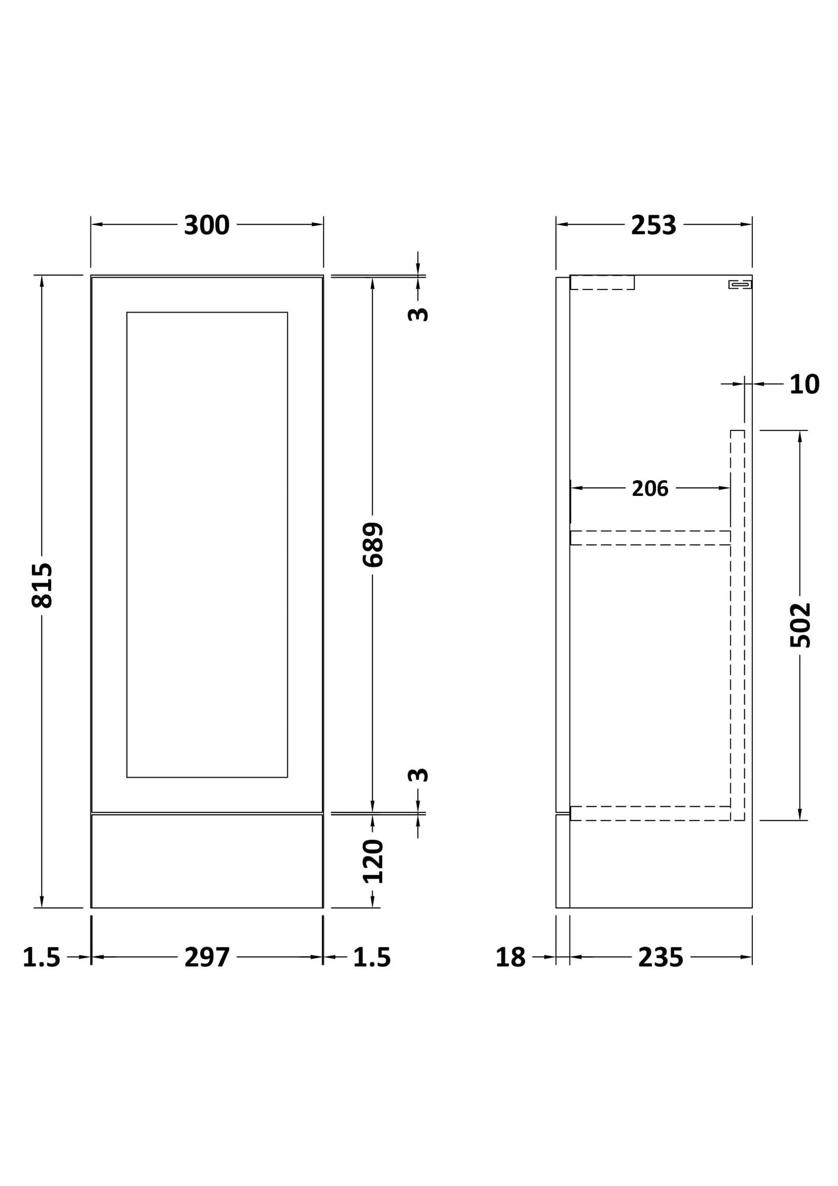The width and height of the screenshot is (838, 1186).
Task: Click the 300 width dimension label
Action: click(207, 225)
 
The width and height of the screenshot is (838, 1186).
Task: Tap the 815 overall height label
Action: click(42, 585)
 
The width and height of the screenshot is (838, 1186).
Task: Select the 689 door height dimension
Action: click(373, 545)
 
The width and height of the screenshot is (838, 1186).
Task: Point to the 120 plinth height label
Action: click(373, 861)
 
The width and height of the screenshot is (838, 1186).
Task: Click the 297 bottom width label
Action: click(207, 957)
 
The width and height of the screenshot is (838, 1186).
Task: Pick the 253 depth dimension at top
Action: click(654, 225)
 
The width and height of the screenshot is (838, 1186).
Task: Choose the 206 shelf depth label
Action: click(650, 489)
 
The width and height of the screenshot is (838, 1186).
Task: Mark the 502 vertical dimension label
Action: click(800, 625)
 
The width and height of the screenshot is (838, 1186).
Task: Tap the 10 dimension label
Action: click(804, 384)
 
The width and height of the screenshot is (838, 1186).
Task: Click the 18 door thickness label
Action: click(510, 957)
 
